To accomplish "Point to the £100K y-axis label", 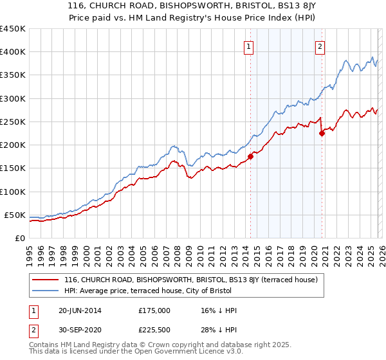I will pyautogui.click(x=13, y=192).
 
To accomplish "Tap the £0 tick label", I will pyautogui.click(x=20, y=238).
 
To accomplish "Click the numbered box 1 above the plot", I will pyautogui.click(x=248, y=46).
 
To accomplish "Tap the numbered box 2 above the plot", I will pyautogui.click(x=320, y=46).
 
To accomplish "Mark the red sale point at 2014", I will pyautogui.click(x=251, y=156).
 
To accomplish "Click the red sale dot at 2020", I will pyautogui.click(x=322, y=134).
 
